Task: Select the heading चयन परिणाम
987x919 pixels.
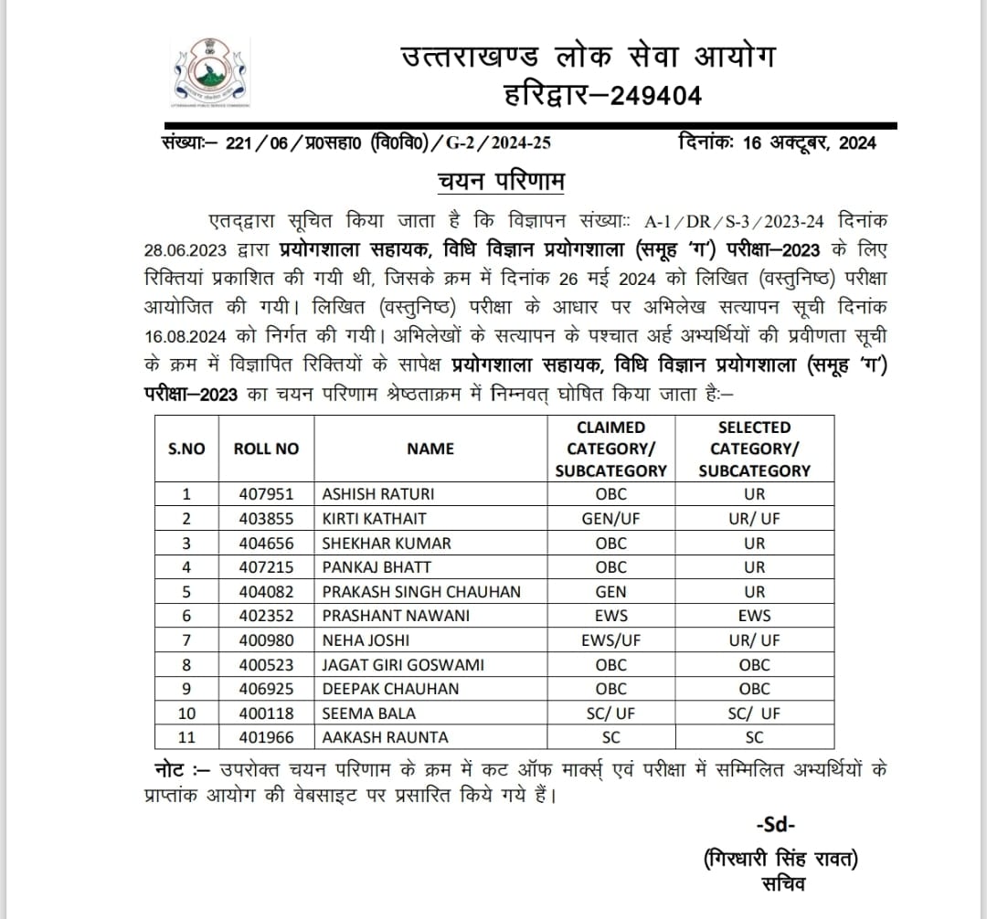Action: click(498, 182)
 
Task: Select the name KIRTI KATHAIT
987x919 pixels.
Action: click(375, 519)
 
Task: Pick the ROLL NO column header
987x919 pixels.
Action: click(266, 449)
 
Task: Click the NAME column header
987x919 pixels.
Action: click(430, 449)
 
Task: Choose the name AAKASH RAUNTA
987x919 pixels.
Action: click(385, 736)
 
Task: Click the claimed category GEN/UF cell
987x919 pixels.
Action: click(610, 519)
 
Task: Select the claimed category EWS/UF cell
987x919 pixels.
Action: click(610, 640)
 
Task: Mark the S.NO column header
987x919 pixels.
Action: click(186, 449)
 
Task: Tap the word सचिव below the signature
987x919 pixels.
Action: click(781, 884)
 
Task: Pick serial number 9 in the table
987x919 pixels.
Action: click(187, 689)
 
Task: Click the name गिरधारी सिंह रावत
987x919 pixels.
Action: click(782, 859)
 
